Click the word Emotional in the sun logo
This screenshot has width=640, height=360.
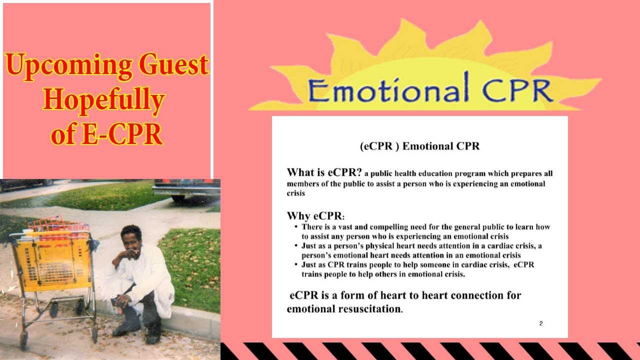[x=388, y=91]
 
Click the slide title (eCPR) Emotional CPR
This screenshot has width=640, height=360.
[x=419, y=146]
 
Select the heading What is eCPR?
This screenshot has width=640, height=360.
[x=324, y=173]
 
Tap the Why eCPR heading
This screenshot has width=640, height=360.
[x=315, y=216]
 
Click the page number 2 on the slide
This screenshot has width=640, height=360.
[x=541, y=323]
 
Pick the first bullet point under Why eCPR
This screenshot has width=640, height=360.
[x=425, y=231]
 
